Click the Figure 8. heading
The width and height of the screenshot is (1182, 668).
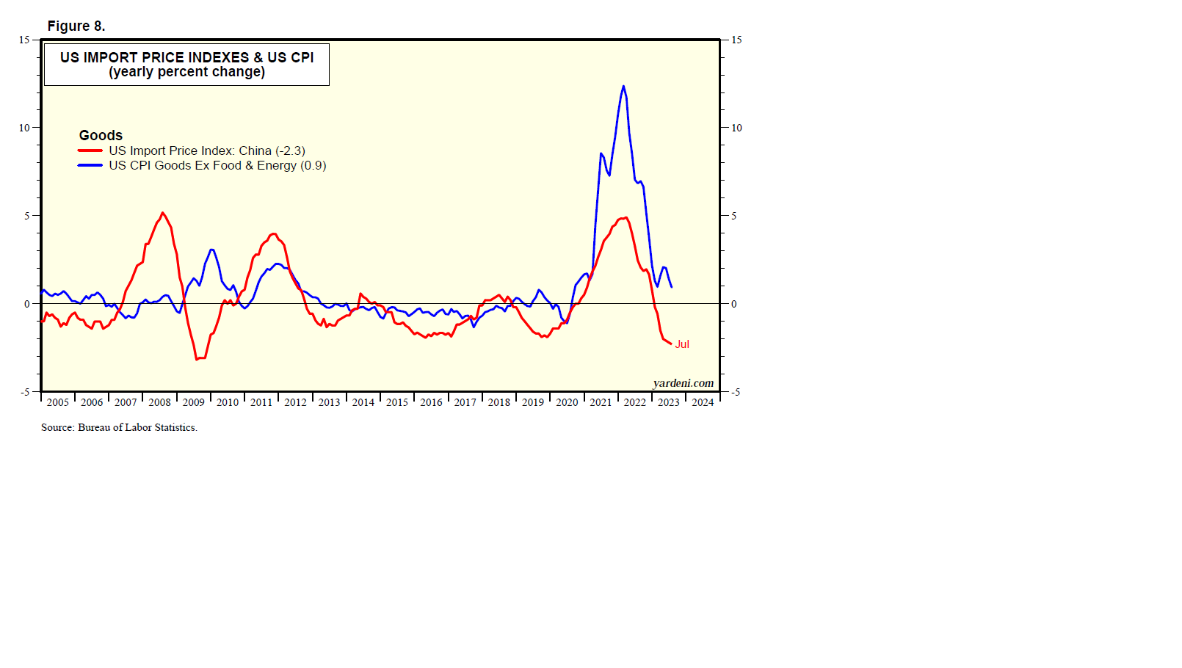coord(76,26)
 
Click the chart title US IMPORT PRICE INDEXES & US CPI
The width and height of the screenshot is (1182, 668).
coord(186,57)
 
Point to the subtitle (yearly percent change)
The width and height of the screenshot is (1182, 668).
coord(186,72)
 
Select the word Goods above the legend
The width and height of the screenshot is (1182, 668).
coord(101,135)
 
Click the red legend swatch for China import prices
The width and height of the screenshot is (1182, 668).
coord(90,150)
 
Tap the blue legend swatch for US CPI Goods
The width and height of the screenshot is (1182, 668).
coord(90,165)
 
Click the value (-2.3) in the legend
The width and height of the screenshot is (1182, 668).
coord(290,150)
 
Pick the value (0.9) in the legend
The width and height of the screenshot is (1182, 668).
coord(313,165)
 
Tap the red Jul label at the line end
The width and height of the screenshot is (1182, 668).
coord(682,344)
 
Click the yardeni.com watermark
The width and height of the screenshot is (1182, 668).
coord(683,383)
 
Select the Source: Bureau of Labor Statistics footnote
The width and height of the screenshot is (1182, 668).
coord(119,427)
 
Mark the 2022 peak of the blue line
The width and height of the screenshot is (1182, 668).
coord(623,87)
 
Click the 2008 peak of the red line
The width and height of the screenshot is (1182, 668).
coord(162,213)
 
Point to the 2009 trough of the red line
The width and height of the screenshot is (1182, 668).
coord(196,359)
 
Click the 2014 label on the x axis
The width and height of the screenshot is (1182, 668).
coord(363,402)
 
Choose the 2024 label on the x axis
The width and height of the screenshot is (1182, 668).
coord(703,402)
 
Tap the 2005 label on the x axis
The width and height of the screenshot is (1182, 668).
coord(57,402)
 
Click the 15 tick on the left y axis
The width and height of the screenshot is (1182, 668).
coord(24,40)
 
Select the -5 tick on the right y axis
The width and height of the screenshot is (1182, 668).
coord(735,392)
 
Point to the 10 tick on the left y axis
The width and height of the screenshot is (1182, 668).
coord(24,128)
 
